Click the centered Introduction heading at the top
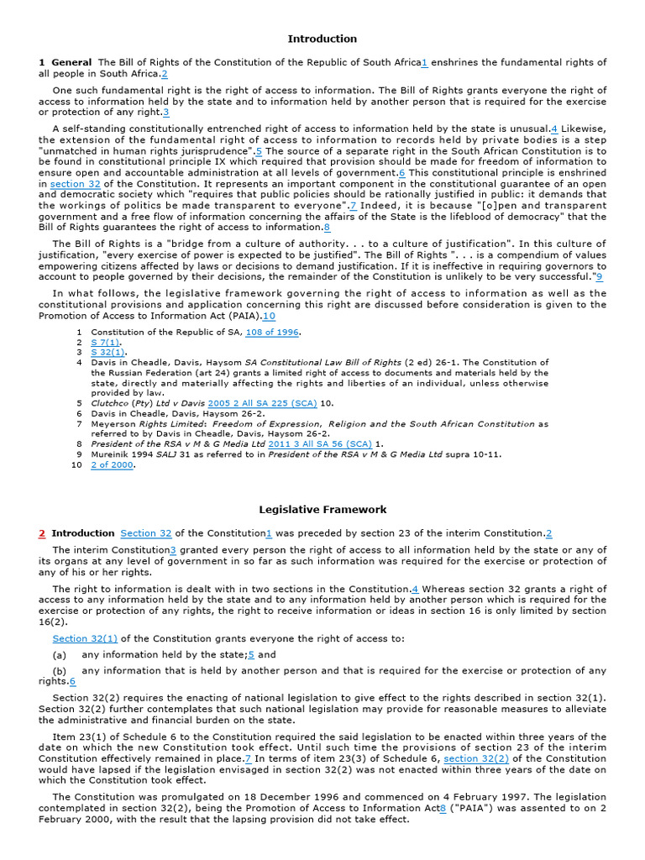322,39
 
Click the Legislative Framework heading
322,509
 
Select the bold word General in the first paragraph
71,63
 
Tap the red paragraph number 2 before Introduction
42,533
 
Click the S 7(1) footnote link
106,343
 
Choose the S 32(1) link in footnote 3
108,352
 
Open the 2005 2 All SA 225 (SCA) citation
263,403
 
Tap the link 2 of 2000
112,465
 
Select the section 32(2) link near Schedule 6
475,758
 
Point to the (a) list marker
59,655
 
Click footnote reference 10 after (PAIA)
269,317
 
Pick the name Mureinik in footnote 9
113,454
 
